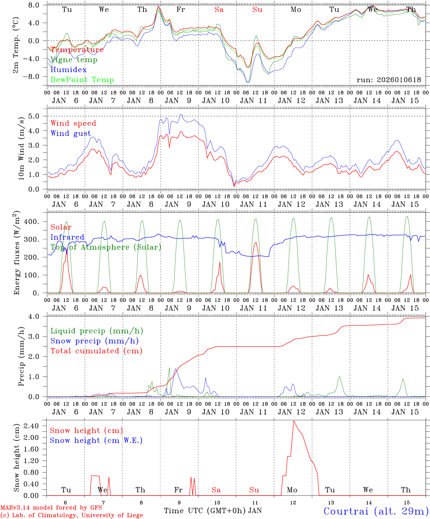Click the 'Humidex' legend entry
coord(68,70)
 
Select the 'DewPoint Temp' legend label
coord(82,80)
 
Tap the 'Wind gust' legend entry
coord(71,133)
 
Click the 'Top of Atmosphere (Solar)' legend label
coord(106,247)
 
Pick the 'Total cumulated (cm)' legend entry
coord(97,351)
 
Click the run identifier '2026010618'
coord(389,80)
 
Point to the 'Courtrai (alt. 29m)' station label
coord(376,511)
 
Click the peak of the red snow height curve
coord(294,421)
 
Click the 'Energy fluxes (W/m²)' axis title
coord(17,253)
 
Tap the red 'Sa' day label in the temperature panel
coord(219,10)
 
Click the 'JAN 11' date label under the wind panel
coord(254,204)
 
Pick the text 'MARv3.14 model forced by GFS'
coord(51,508)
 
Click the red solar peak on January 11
coord(255,243)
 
